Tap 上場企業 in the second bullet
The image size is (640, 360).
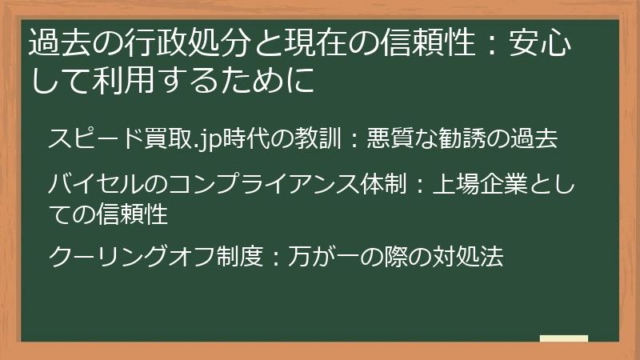[479, 186]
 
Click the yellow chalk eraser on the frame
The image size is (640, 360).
[563, 339]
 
